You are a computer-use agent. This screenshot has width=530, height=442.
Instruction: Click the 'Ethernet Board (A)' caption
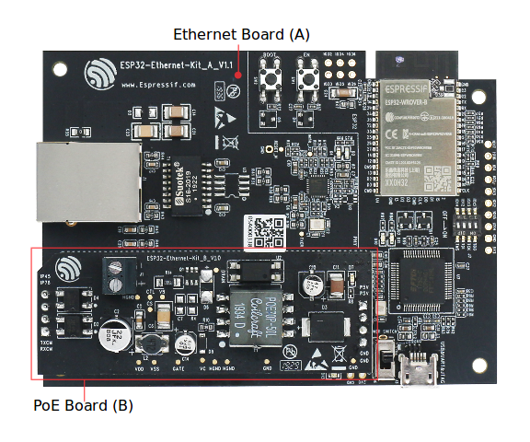pos(242,34)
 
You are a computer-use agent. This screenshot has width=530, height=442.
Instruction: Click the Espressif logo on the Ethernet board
pos(98,73)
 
